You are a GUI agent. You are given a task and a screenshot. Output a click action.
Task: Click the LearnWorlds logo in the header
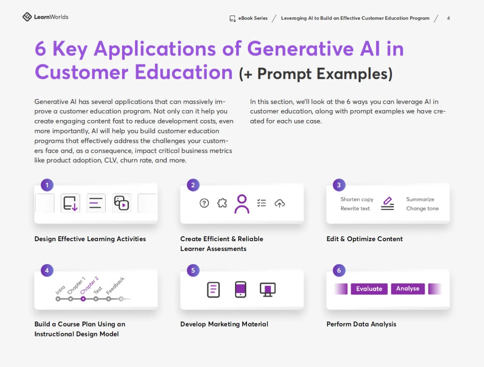click(x=46, y=17)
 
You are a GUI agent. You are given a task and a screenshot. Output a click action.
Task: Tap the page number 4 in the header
click(x=448, y=18)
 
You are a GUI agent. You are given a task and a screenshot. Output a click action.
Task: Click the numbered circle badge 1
click(x=47, y=185)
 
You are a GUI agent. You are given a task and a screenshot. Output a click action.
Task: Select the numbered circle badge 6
click(x=339, y=270)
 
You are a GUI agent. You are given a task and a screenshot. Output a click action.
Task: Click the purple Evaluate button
click(x=369, y=289)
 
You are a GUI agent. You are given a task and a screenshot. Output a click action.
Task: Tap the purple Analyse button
click(x=408, y=289)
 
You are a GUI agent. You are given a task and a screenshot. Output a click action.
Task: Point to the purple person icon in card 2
click(x=242, y=204)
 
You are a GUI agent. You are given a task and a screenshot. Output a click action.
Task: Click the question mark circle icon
click(x=204, y=203)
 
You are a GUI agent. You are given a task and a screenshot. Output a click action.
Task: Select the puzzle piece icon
click(x=222, y=203)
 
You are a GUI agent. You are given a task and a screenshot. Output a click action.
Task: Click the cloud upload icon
click(x=280, y=203)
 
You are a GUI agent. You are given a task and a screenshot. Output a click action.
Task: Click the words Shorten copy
click(x=357, y=200)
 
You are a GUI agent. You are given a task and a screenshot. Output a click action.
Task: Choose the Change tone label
click(x=422, y=209)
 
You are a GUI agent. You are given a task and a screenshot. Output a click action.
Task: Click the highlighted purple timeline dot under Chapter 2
click(x=83, y=299)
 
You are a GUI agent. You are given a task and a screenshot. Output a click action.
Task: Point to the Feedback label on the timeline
click(x=115, y=286)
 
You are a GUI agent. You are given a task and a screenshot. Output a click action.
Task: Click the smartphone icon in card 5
click(x=240, y=289)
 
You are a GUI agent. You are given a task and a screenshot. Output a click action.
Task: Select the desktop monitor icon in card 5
click(x=268, y=290)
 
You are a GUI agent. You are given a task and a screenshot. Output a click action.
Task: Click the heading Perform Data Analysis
click(x=361, y=324)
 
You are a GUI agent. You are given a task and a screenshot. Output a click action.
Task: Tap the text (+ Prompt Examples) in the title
click(x=316, y=74)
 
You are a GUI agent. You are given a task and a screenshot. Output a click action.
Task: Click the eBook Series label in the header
click(x=253, y=18)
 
